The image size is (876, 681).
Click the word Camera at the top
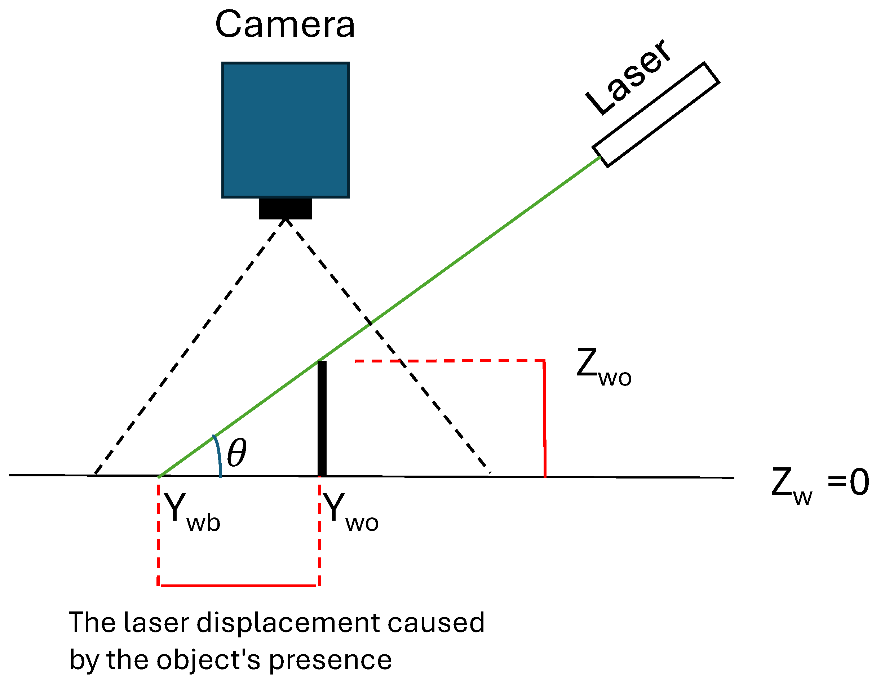(x=285, y=25)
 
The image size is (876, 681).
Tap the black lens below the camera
(x=285, y=208)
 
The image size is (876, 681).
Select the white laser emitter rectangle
(x=656, y=115)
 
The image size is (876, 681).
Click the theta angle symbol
(x=236, y=453)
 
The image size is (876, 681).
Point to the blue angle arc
(x=218, y=455)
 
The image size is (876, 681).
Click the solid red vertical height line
(x=544, y=419)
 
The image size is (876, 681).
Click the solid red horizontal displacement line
(x=238, y=586)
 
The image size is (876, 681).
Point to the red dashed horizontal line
(x=449, y=361)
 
